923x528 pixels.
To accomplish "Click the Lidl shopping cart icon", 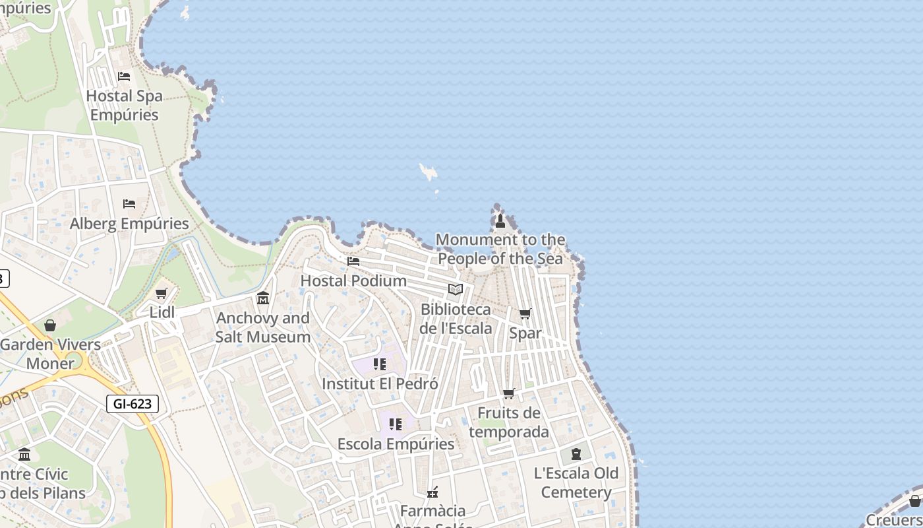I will (162, 293).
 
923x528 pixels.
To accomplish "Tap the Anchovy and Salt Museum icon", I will (263, 298).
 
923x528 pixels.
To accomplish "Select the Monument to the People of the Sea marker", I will (500, 220).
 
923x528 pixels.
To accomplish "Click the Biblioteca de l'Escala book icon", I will (456, 289).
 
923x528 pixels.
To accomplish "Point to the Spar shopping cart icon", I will (525, 313).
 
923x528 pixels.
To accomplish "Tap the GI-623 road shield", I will (133, 403).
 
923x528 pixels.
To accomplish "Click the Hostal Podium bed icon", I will (353, 261).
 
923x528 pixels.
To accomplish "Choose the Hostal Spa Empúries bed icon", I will (124, 77).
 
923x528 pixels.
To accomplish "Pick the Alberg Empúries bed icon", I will (129, 204).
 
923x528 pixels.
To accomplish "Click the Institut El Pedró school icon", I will (379, 364).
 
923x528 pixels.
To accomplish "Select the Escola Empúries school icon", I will (396, 424).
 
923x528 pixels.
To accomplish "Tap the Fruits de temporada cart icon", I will (509, 394).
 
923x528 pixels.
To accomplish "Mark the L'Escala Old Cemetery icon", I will (576, 454).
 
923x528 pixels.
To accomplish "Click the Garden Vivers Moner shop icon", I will (50, 325).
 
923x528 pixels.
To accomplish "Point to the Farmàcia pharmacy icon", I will (432, 492).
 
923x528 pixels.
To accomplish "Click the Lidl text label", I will (162, 312).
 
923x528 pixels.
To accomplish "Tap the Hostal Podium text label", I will (353, 280).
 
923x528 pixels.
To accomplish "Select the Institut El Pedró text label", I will (380, 383).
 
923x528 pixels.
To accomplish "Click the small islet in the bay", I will (429, 172).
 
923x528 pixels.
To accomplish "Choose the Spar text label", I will (525, 333).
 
